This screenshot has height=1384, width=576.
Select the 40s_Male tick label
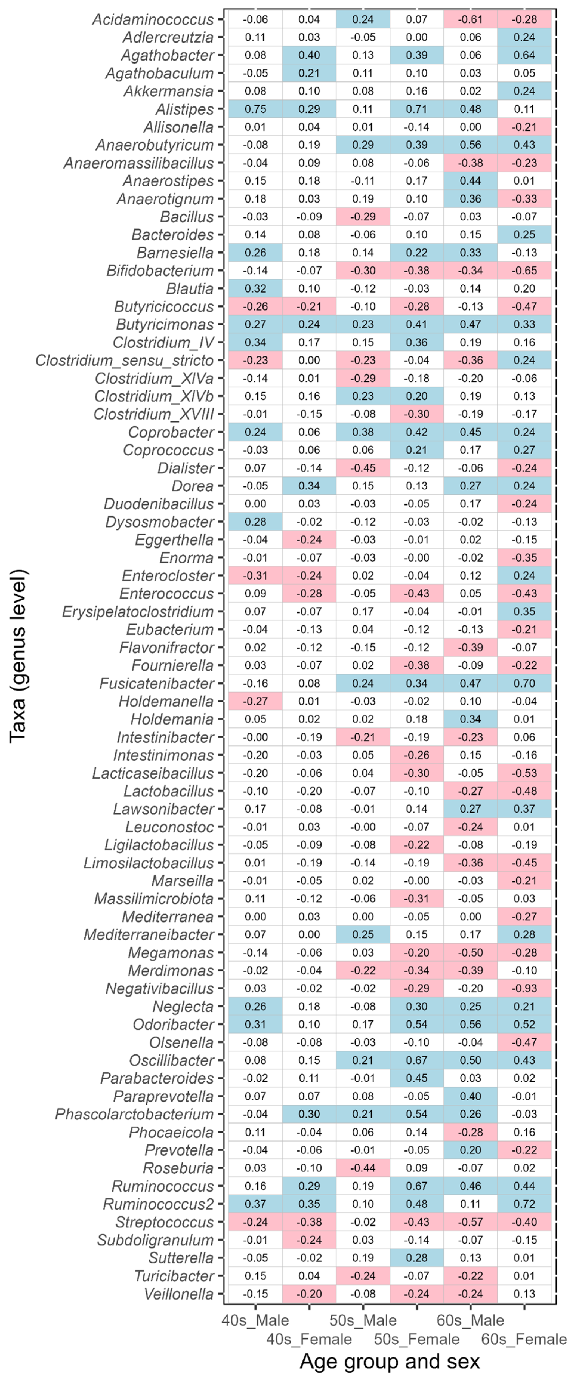click(x=255, y=1320)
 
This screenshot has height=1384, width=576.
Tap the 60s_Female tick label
click(x=524, y=1339)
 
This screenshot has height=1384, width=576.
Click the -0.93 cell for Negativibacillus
click(x=524, y=988)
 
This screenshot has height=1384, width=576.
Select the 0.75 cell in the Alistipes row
click(x=255, y=109)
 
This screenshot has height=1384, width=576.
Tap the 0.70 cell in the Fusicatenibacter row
click(x=524, y=683)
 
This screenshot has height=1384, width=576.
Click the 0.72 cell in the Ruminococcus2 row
click(x=524, y=1204)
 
